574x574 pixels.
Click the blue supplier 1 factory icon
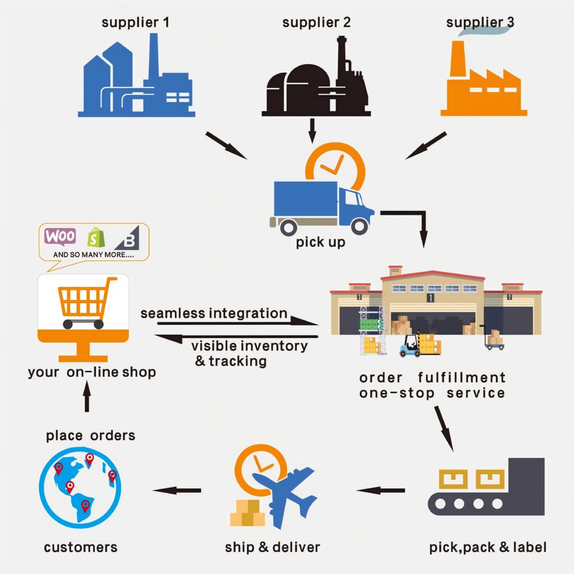point(136,81)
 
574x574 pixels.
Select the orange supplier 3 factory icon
point(483,84)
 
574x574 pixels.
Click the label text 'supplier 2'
point(316,23)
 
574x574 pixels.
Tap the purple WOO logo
point(61,237)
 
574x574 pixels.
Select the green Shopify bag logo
point(96,238)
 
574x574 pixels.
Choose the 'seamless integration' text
point(214,313)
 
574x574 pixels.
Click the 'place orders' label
point(90,435)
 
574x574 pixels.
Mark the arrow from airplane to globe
point(177,490)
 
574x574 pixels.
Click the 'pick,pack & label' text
point(488,547)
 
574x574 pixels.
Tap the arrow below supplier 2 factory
point(312,129)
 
